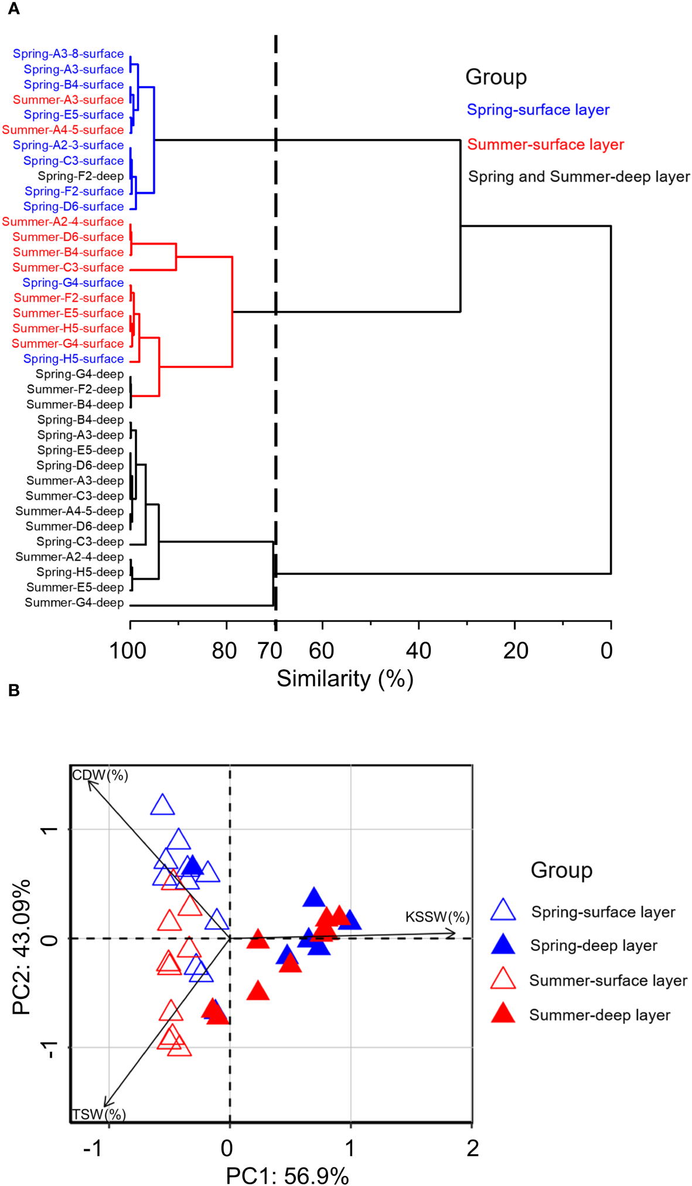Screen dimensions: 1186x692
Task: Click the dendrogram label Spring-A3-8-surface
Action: click(x=68, y=54)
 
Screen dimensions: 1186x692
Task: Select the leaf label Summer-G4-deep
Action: click(x=74, y=602)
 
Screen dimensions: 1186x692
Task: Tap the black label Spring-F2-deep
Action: click(x=81, y=176)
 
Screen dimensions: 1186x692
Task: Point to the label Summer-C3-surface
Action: click(x=68, y=267)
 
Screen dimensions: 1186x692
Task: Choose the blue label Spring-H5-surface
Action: click(x=73, y=359)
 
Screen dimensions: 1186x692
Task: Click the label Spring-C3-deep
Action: click(x=80, y=541)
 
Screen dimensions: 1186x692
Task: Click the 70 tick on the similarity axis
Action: click(x=270, y=650)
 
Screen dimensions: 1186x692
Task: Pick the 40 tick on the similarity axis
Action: click(x=418, y=650)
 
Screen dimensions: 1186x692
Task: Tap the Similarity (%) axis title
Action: click(x=345, y=679)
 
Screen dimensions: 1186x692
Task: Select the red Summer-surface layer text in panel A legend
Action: click(x=545, y=144)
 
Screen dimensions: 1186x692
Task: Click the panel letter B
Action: click(x=14, y=690)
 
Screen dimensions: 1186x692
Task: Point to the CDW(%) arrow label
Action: click(x=100, y=775)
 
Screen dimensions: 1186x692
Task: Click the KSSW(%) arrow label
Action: click(x=437, y=917)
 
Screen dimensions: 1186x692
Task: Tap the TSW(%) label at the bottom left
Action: click(x=98, y=1114)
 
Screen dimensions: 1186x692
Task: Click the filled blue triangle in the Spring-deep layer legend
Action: click(x=503, y=945)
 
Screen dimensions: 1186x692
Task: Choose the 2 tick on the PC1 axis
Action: click(x=472, y=1148)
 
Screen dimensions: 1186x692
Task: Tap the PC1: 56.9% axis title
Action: click(x=287, y=1175)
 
